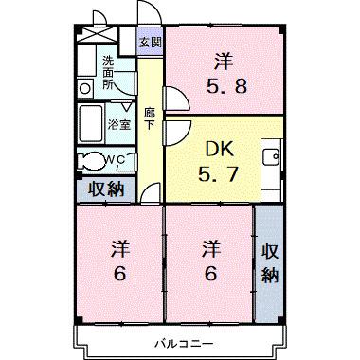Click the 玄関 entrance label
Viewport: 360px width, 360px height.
(150, 43)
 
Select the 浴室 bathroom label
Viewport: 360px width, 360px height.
(118, 124)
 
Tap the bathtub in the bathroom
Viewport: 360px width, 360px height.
(91, 122)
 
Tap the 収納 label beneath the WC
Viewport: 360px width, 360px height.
(107, 188)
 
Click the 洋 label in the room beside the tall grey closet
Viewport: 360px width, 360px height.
(209, 250)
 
